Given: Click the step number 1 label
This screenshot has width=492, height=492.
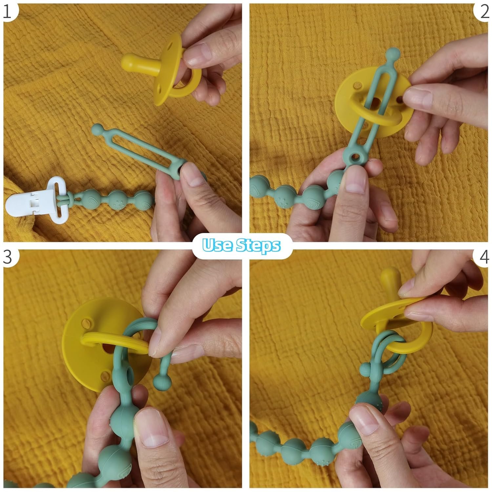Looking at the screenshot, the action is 7,12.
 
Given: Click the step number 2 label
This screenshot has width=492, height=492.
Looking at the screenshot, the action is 484,12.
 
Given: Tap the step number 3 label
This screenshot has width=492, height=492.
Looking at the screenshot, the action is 7,257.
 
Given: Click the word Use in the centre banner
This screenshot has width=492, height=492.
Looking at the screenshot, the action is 217,245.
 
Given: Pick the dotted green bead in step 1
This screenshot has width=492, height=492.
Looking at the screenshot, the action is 115,199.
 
